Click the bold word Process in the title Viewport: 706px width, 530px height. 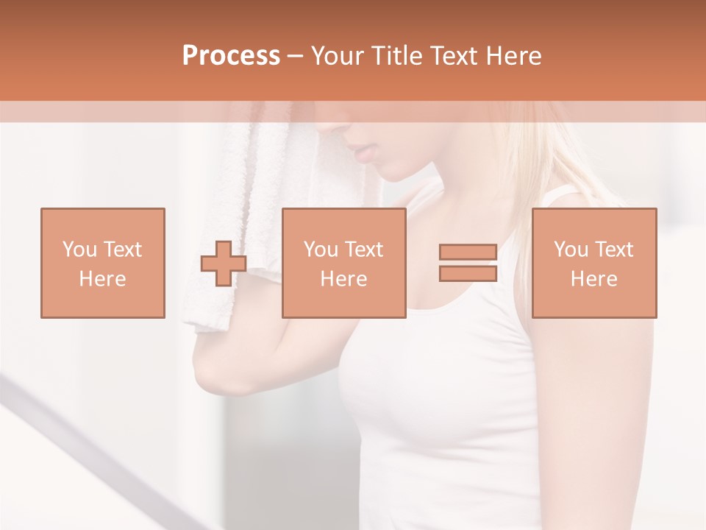[231, 56]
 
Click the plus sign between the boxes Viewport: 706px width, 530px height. [224, 264]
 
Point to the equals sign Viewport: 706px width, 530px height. [468, 263]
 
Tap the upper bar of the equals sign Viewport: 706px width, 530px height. [468, 252]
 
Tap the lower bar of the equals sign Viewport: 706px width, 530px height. [468, 274]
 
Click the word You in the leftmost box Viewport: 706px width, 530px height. [79, 250]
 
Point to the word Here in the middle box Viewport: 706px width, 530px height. [343, 279]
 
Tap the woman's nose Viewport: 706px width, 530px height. [346, 131]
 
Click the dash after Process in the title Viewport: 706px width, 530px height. [296, 56]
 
